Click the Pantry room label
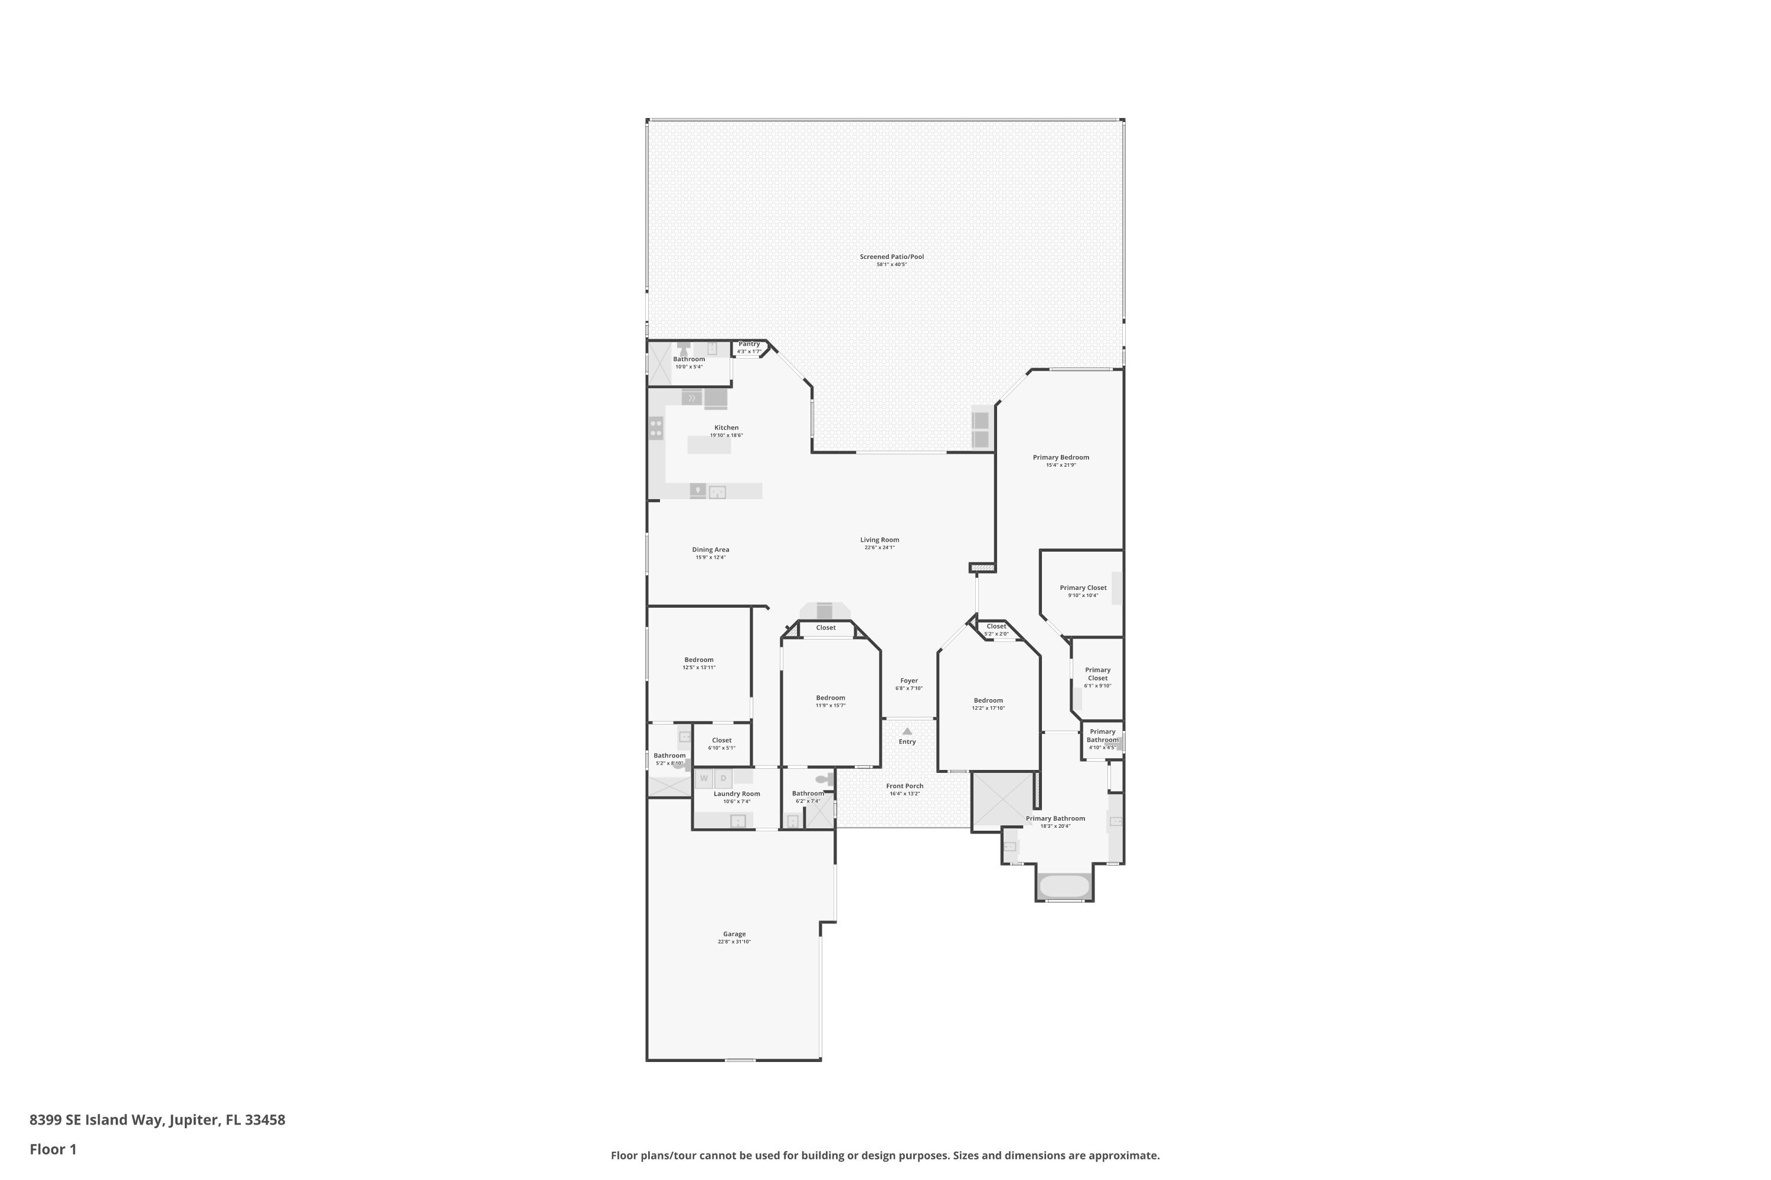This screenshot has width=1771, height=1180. pos(749,344)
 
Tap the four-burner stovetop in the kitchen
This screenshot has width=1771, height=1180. pos(656,429)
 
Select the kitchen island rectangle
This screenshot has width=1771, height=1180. pos(708,445)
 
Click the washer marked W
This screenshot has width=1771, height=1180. pos(704,778)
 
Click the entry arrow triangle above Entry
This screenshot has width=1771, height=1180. pos(907,731)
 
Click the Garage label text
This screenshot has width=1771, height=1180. pos(734,934)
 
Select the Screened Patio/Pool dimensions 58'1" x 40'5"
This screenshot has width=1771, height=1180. pos(891,265)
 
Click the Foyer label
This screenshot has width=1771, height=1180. pos(909,680)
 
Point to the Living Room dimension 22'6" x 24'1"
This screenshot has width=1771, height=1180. pos(880,548)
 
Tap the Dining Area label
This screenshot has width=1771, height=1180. pos(710,549)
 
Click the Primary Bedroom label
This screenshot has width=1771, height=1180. pos(1060,457)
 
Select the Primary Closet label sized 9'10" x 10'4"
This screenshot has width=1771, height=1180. pos(1083,588)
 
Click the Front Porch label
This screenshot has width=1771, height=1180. pos(904,786)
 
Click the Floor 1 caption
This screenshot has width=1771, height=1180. pos(53,1149)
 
